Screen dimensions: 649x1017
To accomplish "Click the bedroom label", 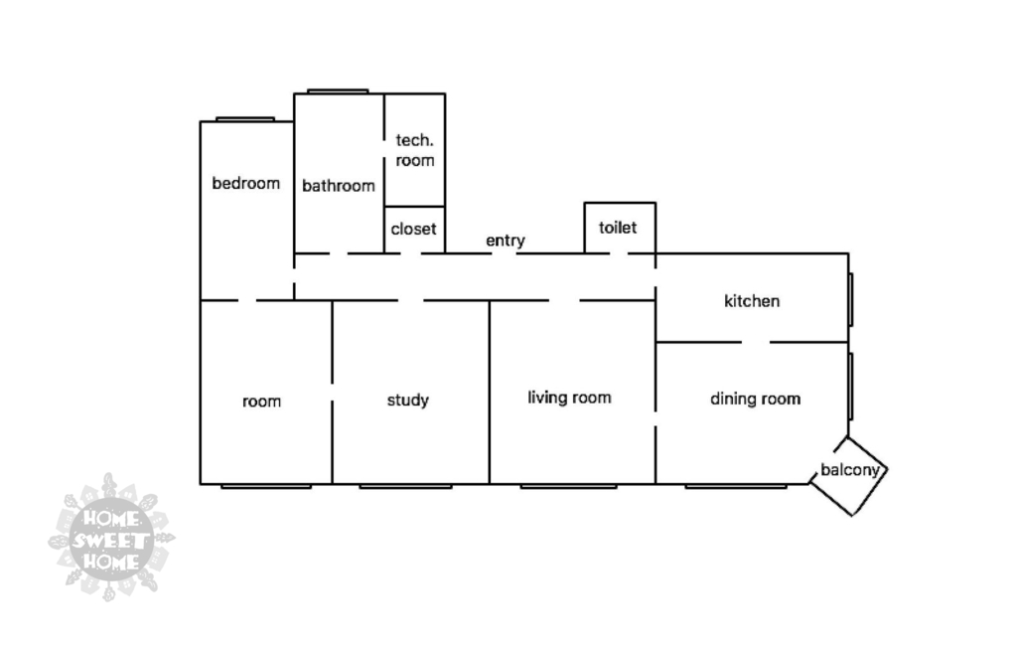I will coord(246,183).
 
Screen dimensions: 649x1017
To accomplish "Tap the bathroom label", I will coord(339,186).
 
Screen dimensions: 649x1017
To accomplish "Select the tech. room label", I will coord(414,150).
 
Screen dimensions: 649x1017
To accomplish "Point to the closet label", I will coord(413,229).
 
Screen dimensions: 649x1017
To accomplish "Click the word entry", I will coord(506,241).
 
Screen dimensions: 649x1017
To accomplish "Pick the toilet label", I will coord(618,228).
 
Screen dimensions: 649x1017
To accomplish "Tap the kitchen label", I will coord(752,301).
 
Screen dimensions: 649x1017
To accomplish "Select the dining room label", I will coord(755,399).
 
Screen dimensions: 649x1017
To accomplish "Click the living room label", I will coord(569,398).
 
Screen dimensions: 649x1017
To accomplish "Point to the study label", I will coord(408,401).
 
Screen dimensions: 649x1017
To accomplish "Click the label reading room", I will coord(262,402).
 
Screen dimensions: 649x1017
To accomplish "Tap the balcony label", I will coord(850,470).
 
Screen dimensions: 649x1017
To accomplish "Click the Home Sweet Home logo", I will coord(111,538).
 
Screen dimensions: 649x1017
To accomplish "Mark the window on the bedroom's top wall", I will coord(245,119).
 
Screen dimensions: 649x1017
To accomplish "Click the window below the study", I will coord(405,486).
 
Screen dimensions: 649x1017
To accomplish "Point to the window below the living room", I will coord(568,486).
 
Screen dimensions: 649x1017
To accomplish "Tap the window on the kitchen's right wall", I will coord(851,298).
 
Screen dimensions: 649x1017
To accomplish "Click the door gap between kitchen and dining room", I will coord(756,342).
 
